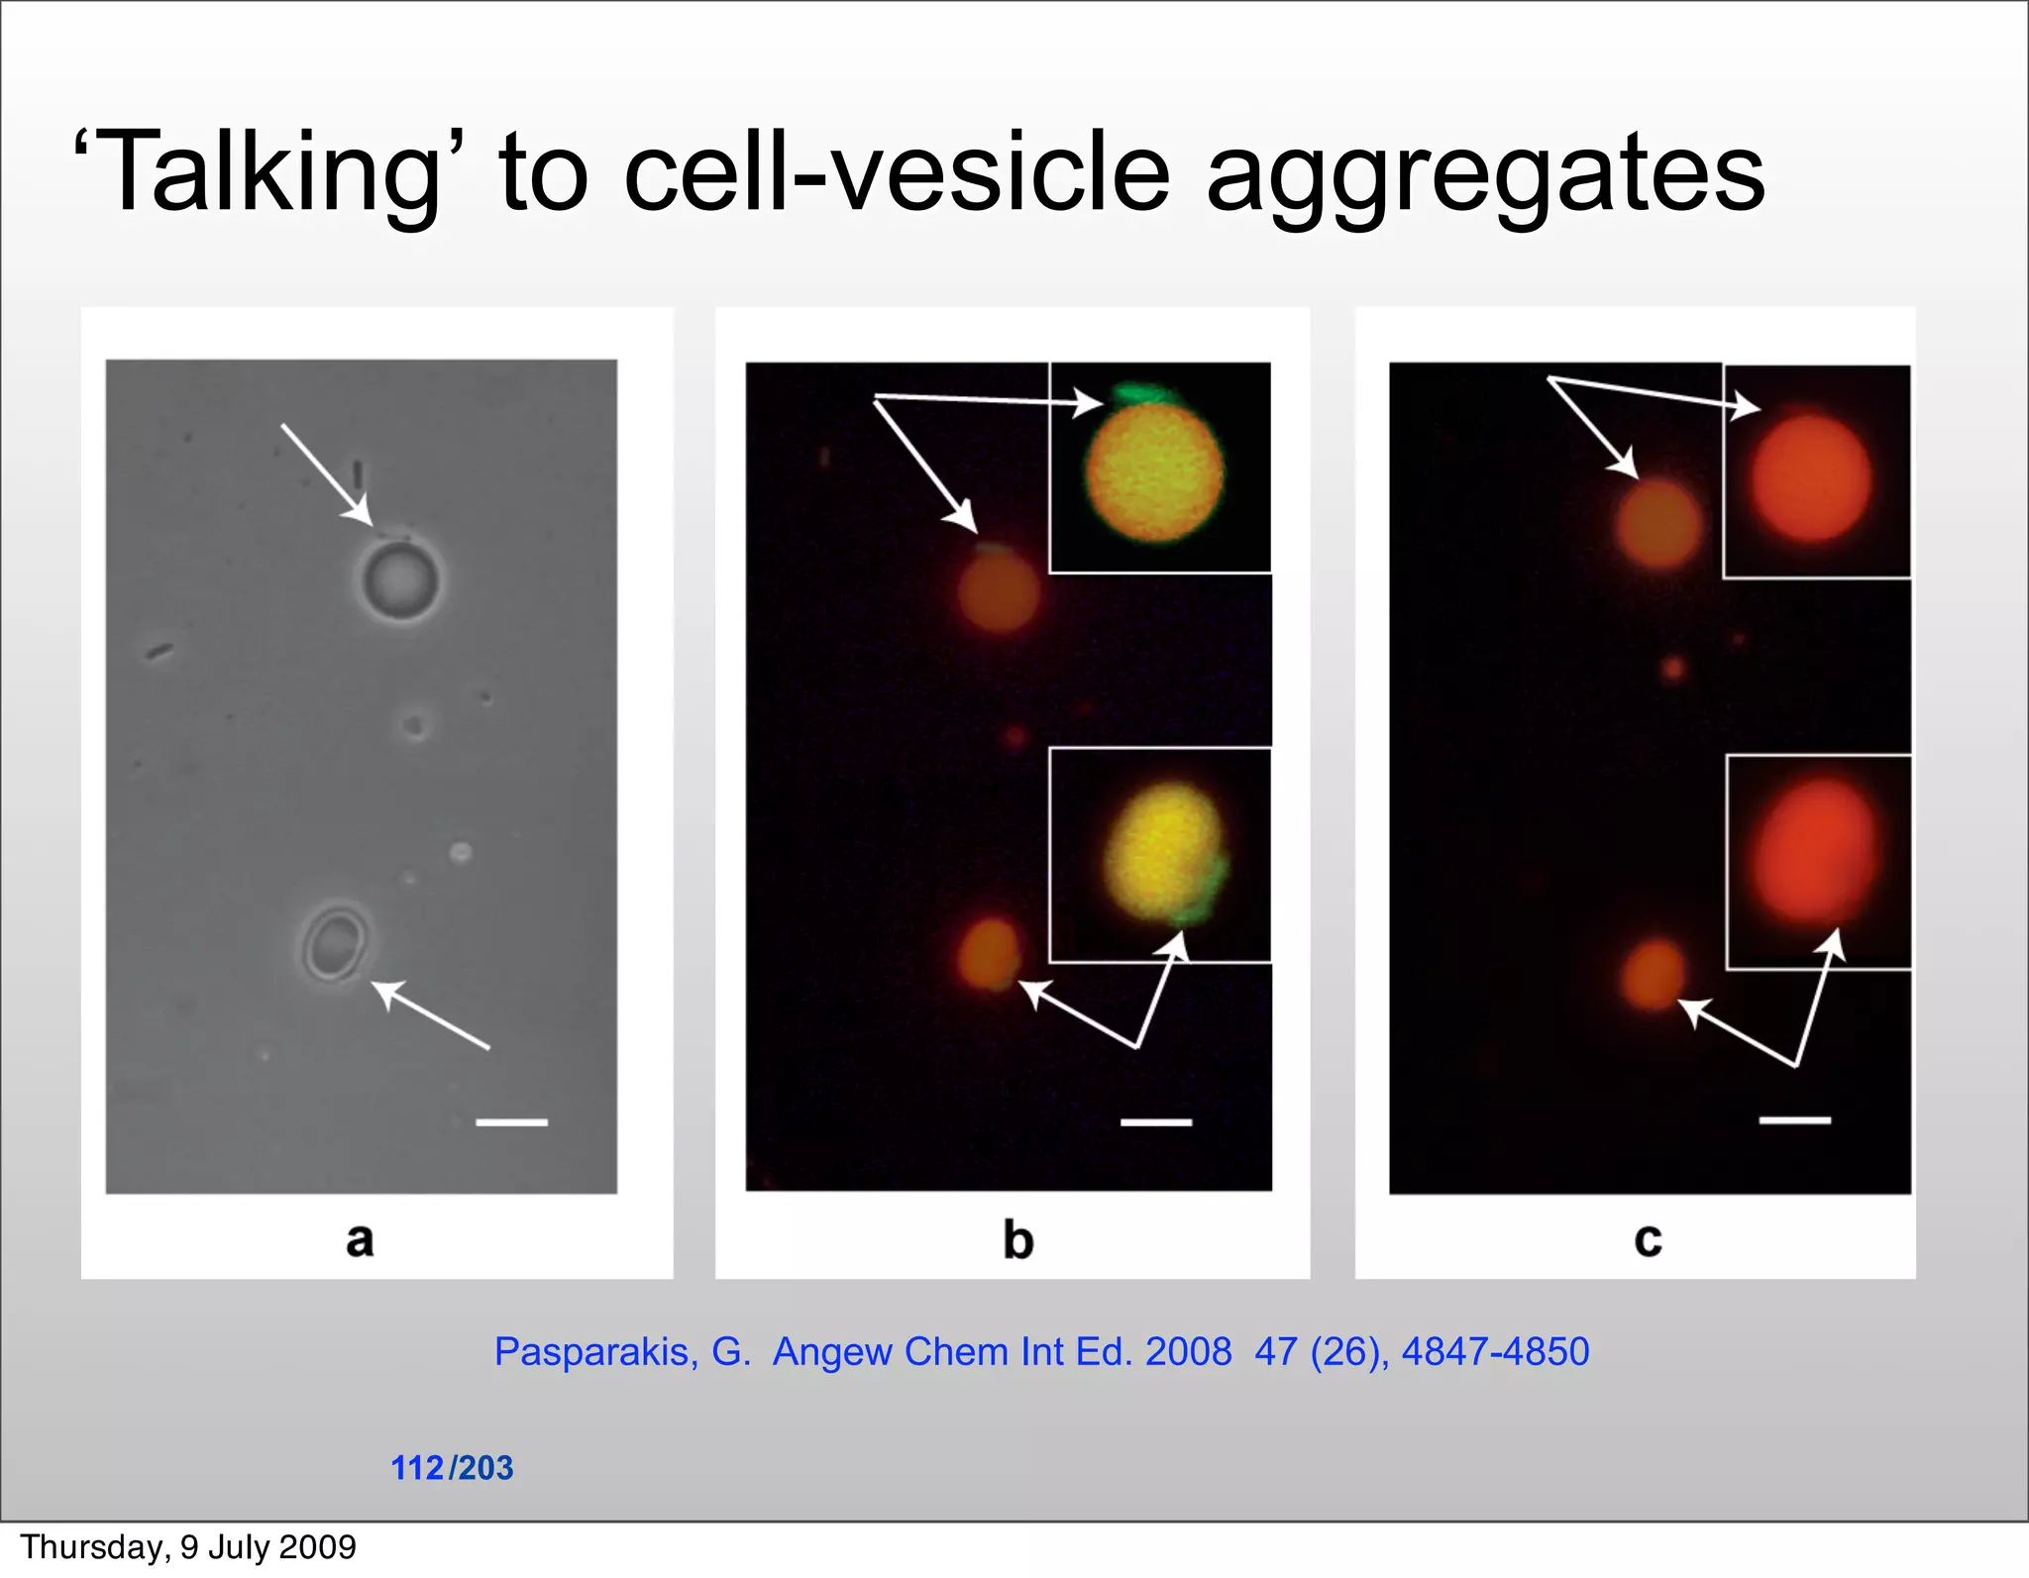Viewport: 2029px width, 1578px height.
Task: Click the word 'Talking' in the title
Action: tap(267, 173)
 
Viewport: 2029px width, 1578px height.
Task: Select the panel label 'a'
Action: tap(360, 1239)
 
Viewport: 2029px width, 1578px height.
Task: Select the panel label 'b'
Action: tap(1017, 1240)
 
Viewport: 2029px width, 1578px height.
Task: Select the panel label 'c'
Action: tap(1648, 1240)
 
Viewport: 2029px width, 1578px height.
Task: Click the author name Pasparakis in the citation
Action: tap(595, 1352)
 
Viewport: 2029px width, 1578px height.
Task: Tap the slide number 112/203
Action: tap(452, 1467)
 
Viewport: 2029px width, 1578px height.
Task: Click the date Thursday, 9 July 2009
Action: tap(188, 1547)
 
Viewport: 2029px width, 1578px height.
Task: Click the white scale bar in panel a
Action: tap(511, 1122)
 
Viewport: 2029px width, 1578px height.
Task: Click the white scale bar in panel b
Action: tap(1155, 1122)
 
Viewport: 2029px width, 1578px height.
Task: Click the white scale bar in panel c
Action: tap(1794, 1120)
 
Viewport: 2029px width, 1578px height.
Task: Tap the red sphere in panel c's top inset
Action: tap(1811, 478)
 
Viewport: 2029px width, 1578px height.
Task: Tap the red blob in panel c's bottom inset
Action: tap(1817, 850)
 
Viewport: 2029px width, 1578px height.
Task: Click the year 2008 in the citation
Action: tap(1188, 1351)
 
